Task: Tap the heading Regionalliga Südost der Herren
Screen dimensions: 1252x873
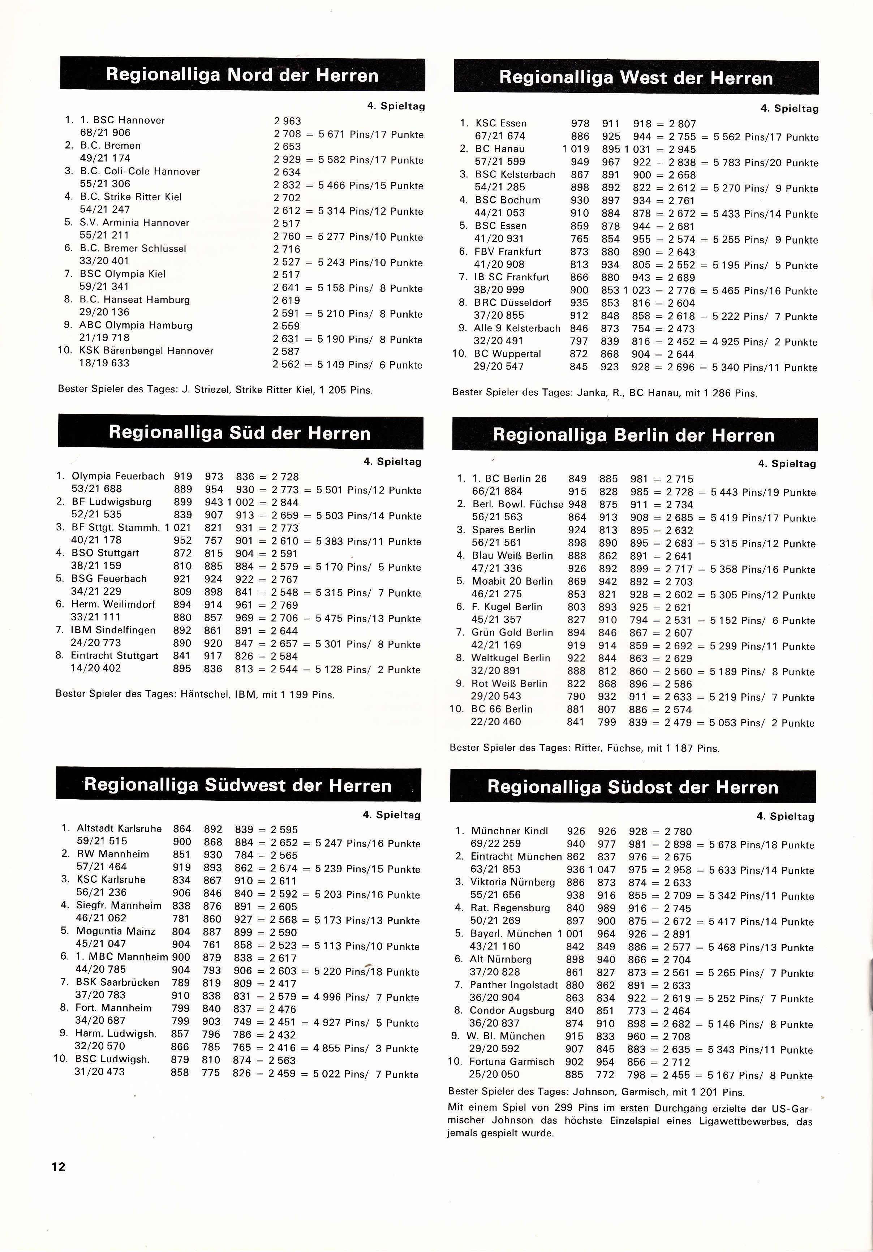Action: pyautogui.click(x=633, y=787)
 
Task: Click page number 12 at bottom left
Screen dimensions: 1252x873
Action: pyautogui.click(x=58, y=1166)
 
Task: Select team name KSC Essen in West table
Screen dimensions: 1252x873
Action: pyautogui.click(x=500, y=123)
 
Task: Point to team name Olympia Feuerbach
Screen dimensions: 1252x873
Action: pyautogui.click(x=118, y=476)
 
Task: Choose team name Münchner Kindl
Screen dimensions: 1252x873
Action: pyautogui.click(x=509, y=831)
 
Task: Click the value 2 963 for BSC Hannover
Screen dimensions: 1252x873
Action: pyautogui.click(x=287, y=121)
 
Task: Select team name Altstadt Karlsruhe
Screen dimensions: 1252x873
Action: pyautogui.click(x=119, y=828)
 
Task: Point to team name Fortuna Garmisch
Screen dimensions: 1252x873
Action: pyautogui.click(x=511, y=1062)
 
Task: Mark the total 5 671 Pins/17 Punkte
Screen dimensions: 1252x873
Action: pyautogui.click(x=371, y=134)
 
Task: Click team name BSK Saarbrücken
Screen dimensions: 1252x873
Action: pyautogui.click(x=117, y=982)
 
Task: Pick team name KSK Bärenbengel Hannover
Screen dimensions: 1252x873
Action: pyautogui.click(x=146, y=350)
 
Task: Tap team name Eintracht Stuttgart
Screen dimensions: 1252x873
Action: pyautogui.click(x=114, y=655)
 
